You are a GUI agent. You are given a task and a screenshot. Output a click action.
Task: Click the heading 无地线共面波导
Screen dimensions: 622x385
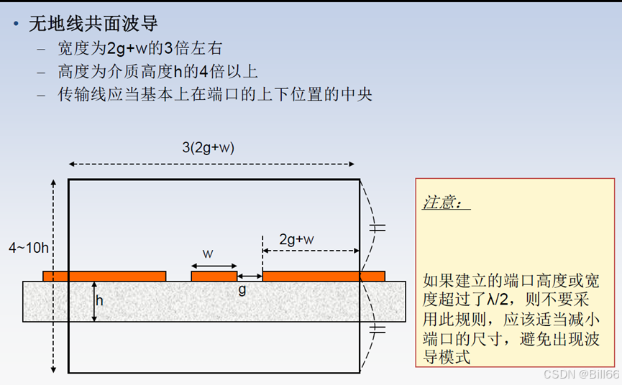[93, 24]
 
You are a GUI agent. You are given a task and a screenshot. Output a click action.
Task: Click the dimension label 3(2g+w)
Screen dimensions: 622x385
[209, 147]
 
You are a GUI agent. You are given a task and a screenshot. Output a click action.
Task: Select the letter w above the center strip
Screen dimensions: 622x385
[208, 254]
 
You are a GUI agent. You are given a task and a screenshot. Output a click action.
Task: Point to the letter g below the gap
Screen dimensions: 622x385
[242, 291]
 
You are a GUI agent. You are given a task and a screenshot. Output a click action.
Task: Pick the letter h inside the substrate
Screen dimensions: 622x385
[99, 301]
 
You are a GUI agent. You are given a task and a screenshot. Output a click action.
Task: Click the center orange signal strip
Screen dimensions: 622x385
[214, 276]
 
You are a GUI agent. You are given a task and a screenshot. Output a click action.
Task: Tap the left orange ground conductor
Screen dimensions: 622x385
[104, 276]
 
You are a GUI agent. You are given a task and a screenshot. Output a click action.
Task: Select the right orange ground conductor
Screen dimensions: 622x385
[324, 276]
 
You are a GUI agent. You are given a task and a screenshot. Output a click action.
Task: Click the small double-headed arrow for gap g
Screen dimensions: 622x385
[250, 277]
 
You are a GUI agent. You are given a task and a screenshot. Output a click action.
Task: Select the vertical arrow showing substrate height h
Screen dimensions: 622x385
[93, 301]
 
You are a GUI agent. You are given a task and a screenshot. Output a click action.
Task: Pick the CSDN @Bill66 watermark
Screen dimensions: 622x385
[581, 375]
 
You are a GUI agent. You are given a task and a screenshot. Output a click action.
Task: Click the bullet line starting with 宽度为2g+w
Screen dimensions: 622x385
[140, 49]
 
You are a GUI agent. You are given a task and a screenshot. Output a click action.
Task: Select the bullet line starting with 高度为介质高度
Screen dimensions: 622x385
[157, 71]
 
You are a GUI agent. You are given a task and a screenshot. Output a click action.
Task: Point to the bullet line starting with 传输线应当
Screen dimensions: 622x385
[215, 93]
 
